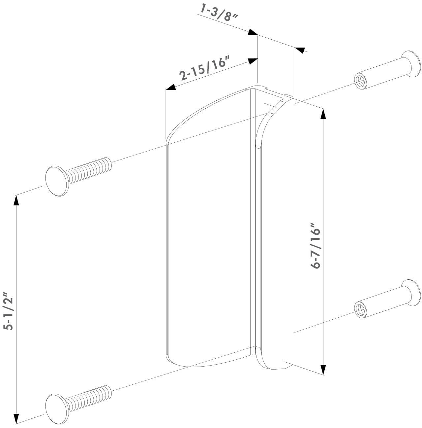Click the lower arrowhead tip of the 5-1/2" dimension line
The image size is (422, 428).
16,424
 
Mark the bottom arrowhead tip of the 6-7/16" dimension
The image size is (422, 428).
323,375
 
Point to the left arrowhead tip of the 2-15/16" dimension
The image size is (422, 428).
166,89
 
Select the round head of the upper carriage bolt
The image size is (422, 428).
56,181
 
